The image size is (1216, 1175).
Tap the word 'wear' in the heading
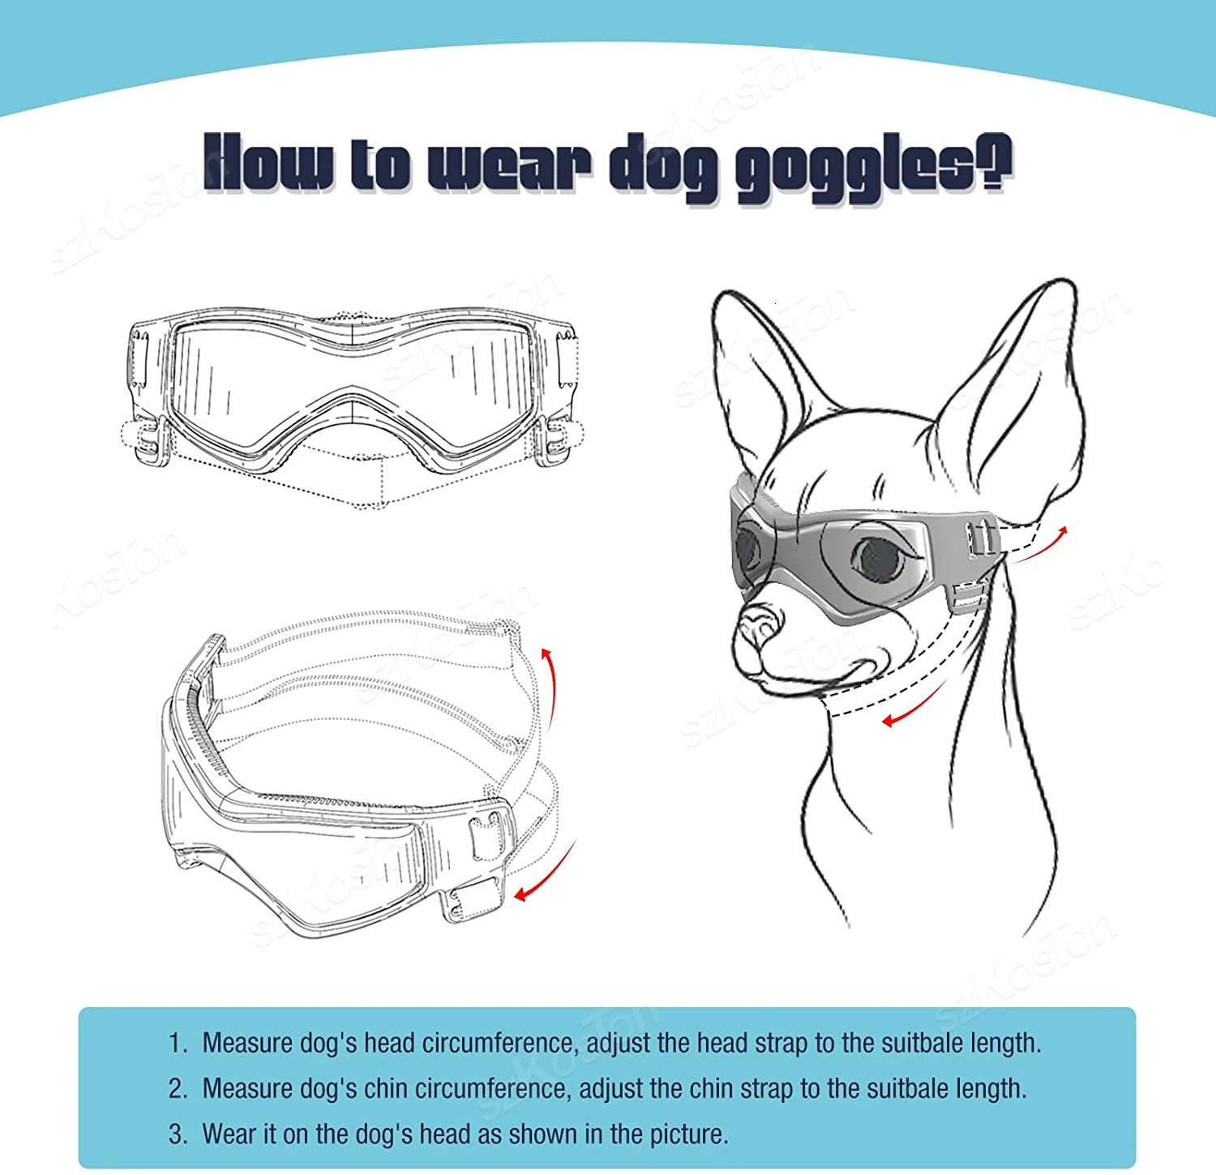[x=509, y=165]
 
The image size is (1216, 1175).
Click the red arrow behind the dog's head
[x=1043, y=543]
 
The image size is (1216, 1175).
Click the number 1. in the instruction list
[x=178, y=1043]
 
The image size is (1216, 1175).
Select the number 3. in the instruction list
[x=178, y=1134]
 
